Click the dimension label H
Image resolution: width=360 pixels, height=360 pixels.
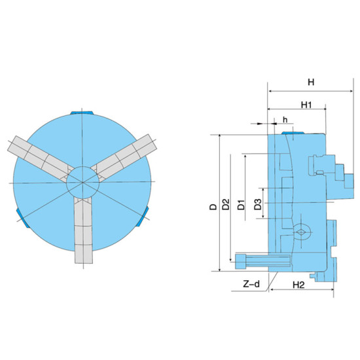coord(311,82)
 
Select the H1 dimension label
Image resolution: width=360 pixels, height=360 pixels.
coord(306,105)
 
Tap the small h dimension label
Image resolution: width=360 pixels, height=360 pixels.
coord(285,119)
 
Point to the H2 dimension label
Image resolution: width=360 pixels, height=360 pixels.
coord(298,285)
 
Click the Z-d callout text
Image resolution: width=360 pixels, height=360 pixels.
coord(251,284)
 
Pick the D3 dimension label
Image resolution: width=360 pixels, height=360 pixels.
coord(258,204)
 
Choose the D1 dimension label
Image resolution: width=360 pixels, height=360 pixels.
coord(241,205)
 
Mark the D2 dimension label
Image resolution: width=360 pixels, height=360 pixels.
coord(226,204)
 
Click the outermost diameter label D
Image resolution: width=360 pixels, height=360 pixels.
coord(213,207)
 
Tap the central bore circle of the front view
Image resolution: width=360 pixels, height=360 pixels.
coord(83,183)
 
